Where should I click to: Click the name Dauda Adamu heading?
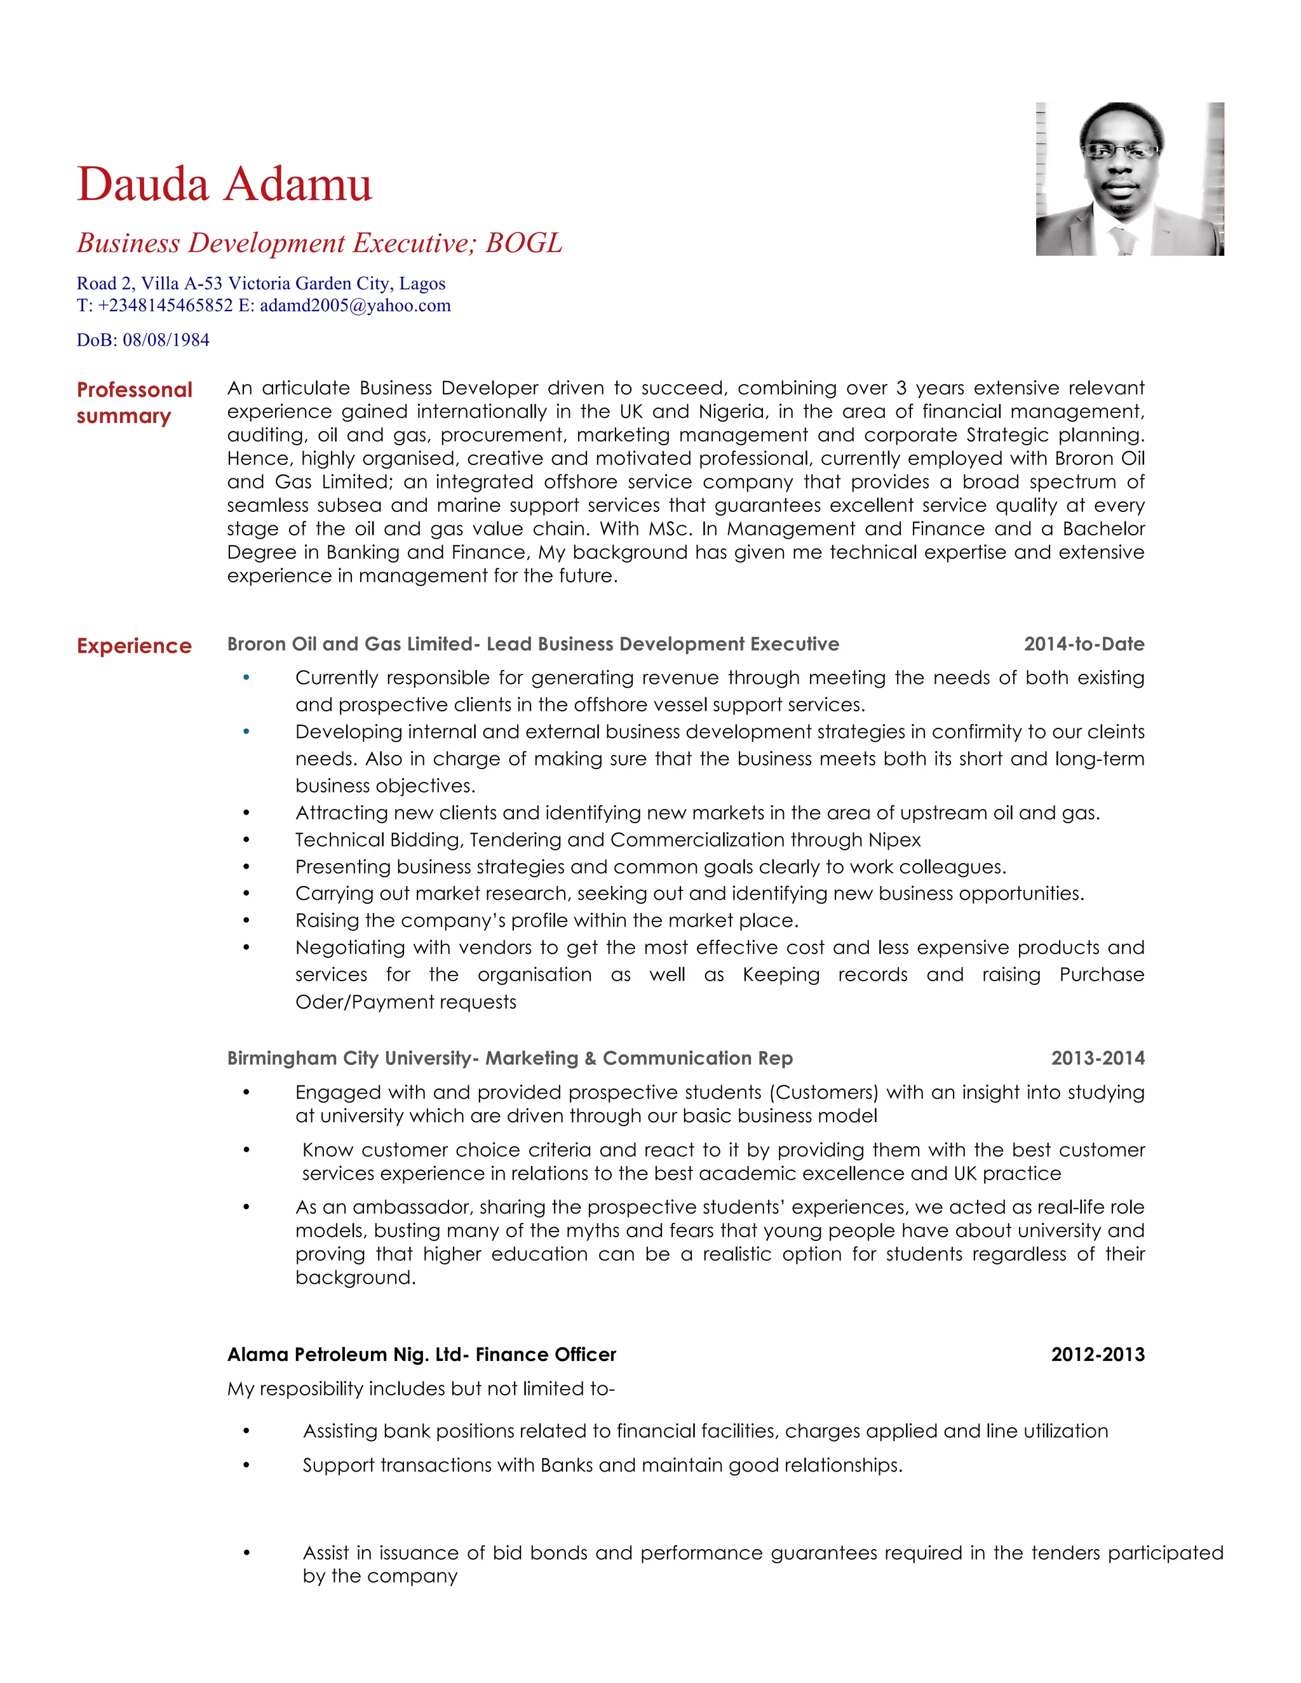coord(224,185)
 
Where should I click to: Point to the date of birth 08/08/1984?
coord(166,340)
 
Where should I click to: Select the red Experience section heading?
coord(134,646)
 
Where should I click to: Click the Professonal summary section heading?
coord(134,402)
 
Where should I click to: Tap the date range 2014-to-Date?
coord(1084,644)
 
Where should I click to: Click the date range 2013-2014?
coord(1098,1058)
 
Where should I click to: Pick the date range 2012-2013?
coord(1098,1354)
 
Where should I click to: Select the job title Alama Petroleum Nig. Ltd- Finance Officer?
coord(422,1354)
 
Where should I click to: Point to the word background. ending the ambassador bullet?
coord(355,1278)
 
